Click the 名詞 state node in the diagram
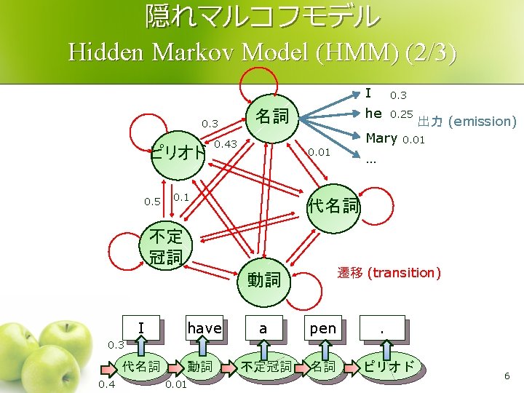(271, 116)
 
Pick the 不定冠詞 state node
(166, 246)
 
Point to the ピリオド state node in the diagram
(178, 154)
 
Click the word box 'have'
(204, 329)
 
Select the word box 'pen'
(323, 329)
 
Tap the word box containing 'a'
(263, 329)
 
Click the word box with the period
(382, 329)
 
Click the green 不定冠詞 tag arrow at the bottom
(266, 367)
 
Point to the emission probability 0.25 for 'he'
(401, 114)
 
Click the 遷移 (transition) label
(389, 273)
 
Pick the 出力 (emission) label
(467, 122)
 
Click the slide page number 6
(507, 376)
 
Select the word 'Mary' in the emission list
(381, 138)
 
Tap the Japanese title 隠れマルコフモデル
(262, 16)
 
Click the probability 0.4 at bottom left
(106, 384)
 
